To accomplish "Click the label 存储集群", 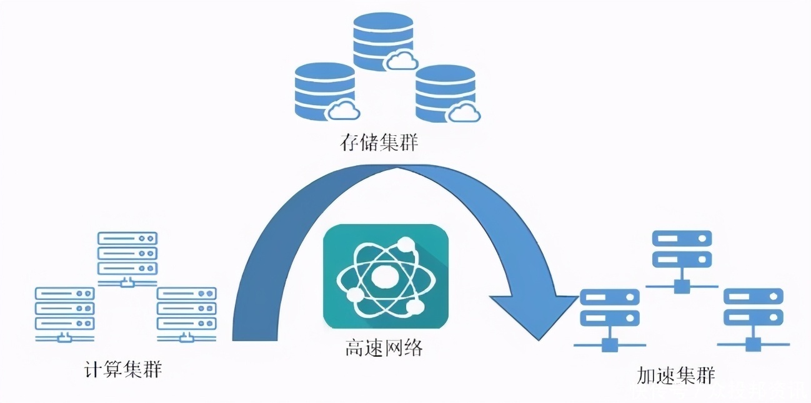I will (x=379, y=143).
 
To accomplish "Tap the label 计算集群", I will (x=123, y=369).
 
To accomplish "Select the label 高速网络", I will (x=384, y=348).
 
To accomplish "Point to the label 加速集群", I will (x=675, y=375).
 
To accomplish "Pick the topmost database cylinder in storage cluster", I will (x=382, y=41).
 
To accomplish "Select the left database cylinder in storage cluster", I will (x=324, y=91).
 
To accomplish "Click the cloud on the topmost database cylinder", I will (x=402, y=61).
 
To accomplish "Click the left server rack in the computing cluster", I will (x=64, y=310).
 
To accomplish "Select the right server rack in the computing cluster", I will (x=186, y=310).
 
